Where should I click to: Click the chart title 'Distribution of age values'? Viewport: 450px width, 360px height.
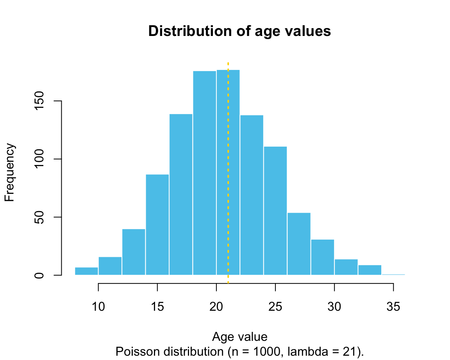[239, 31]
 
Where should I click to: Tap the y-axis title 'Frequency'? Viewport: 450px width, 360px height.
[10, 172]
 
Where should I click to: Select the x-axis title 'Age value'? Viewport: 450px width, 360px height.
[239, 337]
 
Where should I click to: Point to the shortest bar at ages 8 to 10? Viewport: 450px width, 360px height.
[86, 271]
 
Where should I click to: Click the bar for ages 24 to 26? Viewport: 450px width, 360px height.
[275, 211]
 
